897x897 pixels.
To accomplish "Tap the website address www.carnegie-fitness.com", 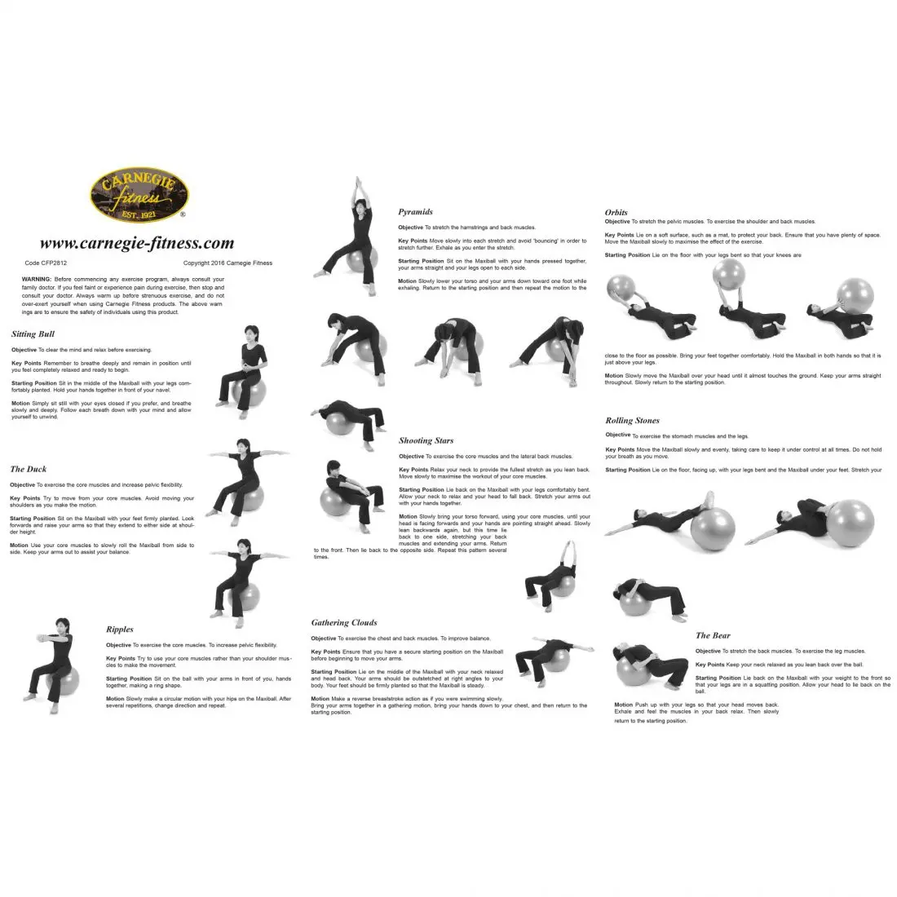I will [x=136, y=243].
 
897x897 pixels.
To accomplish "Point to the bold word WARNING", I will [x=37, y=279].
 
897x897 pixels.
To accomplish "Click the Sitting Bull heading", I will [x=33, y=334].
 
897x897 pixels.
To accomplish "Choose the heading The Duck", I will [x=29, y=470].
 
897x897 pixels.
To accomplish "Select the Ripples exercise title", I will [x=120, y=630].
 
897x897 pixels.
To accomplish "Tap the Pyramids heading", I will [x=415, y=212].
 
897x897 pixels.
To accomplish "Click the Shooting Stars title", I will [x=426, y=441].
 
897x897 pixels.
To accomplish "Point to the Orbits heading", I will [x=616, y=213].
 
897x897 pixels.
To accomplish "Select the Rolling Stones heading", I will [x=632, y=421].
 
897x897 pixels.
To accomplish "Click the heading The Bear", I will [x=713, y=636].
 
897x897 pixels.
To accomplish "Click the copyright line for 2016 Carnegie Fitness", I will [x=228, y=263].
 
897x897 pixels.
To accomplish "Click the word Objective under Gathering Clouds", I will [x=324, y=639].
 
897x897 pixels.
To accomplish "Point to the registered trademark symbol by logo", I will [x=182, y=216].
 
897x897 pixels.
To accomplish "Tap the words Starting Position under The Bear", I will [x=718, y=678].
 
